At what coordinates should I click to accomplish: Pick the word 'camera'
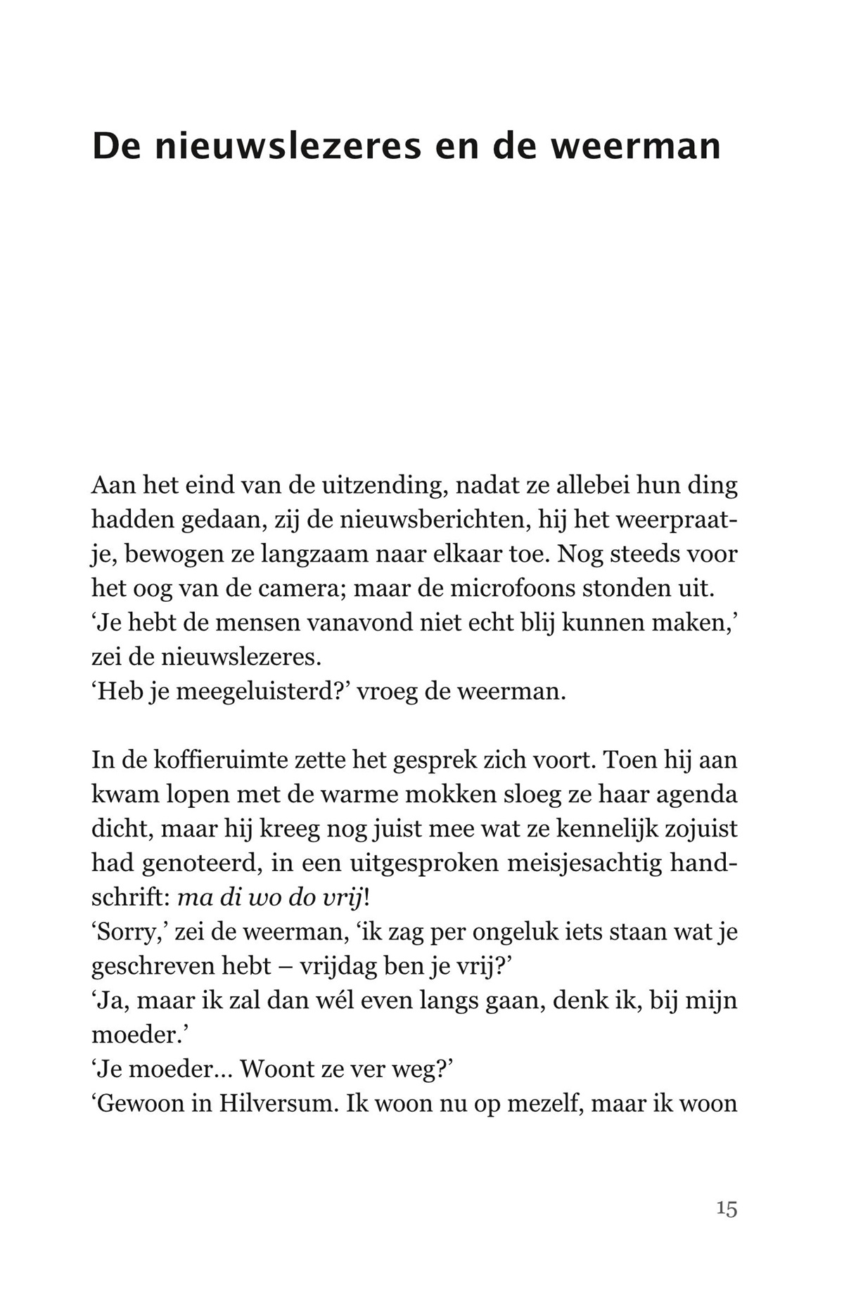[x=299, y=589]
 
